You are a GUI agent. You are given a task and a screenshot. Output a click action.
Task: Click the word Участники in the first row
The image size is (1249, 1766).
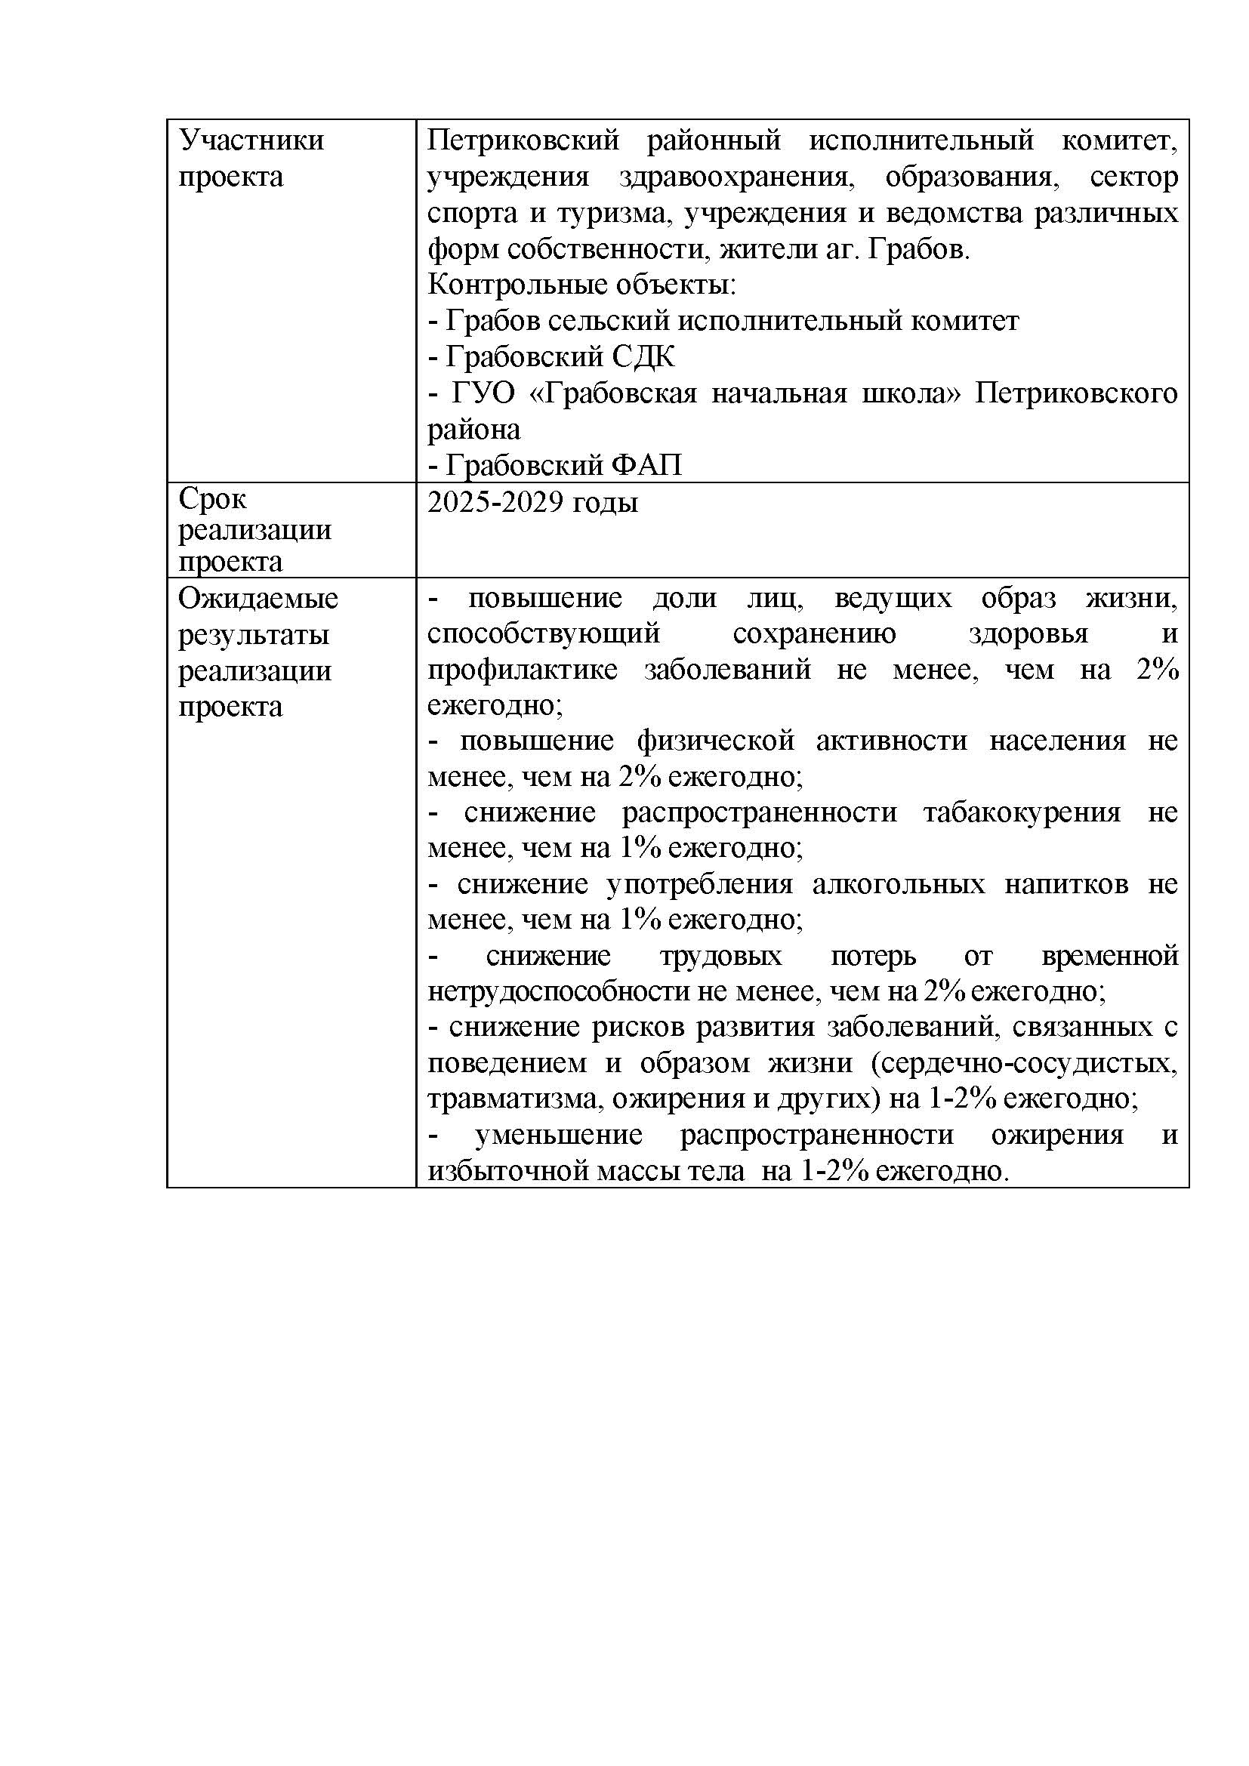pos(251,140)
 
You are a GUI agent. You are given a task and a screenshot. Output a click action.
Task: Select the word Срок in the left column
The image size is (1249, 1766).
pos(212,499)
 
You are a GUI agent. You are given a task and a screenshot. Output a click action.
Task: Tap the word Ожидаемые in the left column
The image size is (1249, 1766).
pos(258,599)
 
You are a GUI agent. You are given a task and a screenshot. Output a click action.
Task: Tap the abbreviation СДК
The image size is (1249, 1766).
pos(643,357)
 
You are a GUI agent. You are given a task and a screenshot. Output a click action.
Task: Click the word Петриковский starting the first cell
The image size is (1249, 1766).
pos(523,140)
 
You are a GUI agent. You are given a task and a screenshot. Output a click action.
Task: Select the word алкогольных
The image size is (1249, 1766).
pos(899,885)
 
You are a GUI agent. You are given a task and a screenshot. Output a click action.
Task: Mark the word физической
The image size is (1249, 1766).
pos(715,741)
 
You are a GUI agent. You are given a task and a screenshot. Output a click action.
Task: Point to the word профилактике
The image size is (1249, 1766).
pos(523,670)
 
